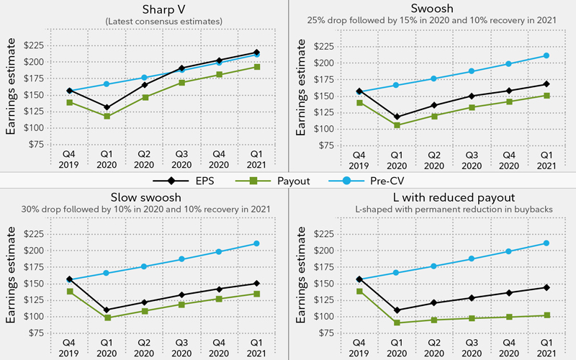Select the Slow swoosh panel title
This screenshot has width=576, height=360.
pos(144,197)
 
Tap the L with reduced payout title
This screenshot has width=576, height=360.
pos(432,197)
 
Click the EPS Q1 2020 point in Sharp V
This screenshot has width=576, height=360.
pos(107,107)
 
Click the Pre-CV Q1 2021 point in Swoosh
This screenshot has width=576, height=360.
pos(546,55)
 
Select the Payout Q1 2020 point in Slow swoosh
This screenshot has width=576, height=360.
pos(107,318)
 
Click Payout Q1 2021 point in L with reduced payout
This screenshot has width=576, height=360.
pos(546,315)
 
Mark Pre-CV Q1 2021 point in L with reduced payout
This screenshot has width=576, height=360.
pos(546,243)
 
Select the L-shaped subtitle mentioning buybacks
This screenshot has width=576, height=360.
pos(432,210)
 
